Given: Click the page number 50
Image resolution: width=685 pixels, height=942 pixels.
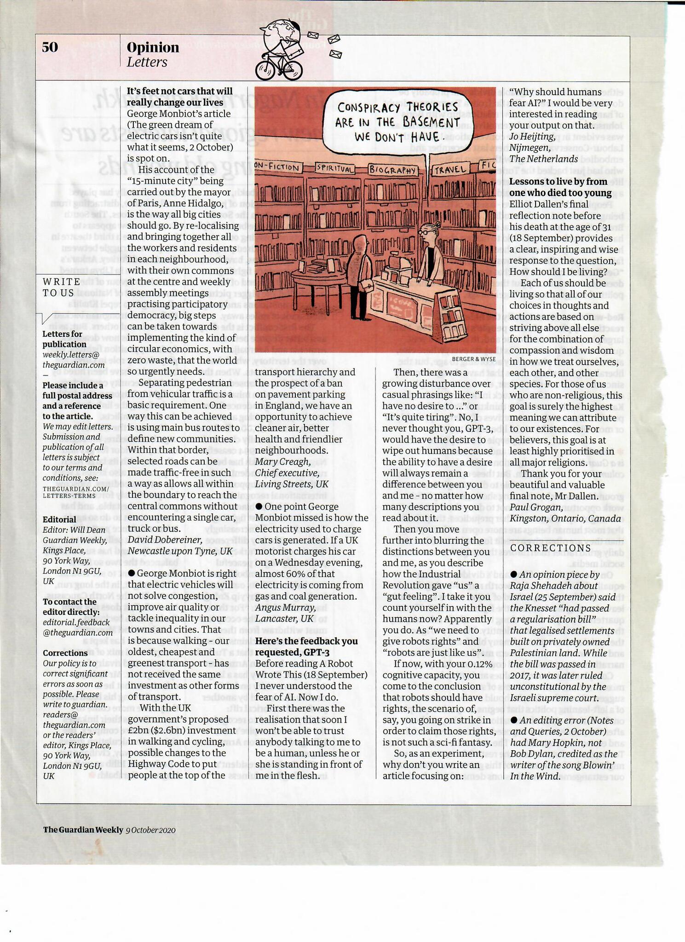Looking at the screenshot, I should pos(50,47).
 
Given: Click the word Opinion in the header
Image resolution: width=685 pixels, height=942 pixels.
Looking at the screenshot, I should pos(153,47).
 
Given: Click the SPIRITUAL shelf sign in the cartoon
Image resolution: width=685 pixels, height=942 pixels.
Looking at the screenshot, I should pos(335,168).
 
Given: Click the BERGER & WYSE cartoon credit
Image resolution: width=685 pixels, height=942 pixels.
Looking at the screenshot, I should pos(474,359).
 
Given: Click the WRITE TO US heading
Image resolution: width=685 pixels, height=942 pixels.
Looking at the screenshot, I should pos(62,287).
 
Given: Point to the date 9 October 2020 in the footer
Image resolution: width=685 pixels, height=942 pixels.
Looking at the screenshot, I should pos(150,830).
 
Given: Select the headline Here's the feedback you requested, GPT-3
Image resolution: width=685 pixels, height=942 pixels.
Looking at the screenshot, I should pos(306,647).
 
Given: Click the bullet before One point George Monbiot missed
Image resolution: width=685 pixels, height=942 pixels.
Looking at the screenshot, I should pos(259,506).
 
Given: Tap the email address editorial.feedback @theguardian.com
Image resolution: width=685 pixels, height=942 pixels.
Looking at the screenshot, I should pos(78,627).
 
